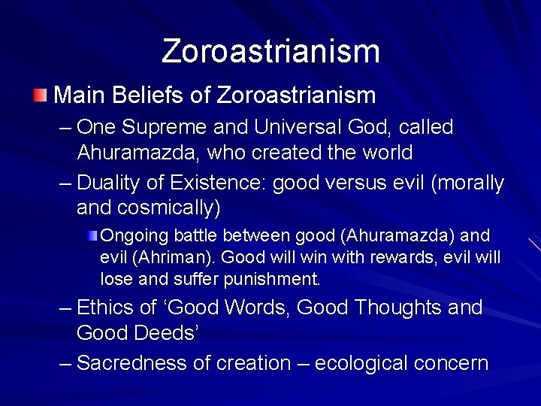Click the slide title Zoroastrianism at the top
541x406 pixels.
coord(270,51)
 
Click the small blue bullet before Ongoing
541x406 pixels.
coord(92,235)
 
